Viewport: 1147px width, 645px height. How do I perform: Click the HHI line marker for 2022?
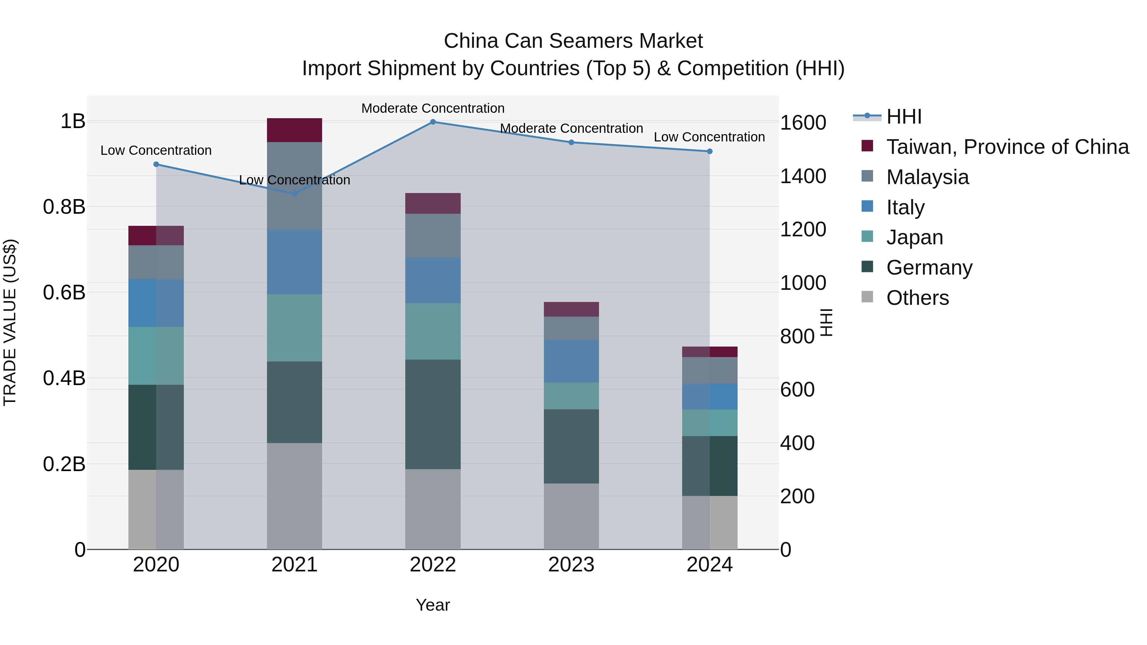(x=433, y=122)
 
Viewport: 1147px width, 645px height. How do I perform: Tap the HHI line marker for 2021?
(x=294, y=194)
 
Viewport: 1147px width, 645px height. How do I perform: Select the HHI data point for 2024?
(x=710, y=151)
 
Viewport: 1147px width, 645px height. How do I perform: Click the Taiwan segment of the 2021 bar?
(x=294, y=130)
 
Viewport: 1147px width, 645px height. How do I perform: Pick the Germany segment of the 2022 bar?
(x=433, y=414)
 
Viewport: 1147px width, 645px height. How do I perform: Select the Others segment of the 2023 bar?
(x=571, y=516)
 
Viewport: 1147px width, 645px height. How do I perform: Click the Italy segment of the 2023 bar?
(x=571, y=361)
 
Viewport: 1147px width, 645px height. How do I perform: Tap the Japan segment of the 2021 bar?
(x=294, y=328)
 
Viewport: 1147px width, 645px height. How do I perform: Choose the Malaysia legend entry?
(x=927, y=177)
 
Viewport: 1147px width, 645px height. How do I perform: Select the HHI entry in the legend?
(x=904, y=117)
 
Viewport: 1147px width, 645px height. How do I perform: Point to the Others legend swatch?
(x=867, y=297)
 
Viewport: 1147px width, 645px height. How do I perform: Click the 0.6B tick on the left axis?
(x=64, y=292)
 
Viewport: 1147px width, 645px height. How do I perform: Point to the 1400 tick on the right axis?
(x=803, y=176)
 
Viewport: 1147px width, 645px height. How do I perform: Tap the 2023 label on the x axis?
(x=571, y=565)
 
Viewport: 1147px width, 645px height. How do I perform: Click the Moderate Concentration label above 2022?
(x=433, y=108)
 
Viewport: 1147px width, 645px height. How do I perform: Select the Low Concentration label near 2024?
(x=709, y=137)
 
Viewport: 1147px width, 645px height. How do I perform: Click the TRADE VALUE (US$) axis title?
(x=10, y=322)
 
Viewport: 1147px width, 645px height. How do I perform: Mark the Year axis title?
(x=433, y=605)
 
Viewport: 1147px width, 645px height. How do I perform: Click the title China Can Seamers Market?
(x=573, y=41)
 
